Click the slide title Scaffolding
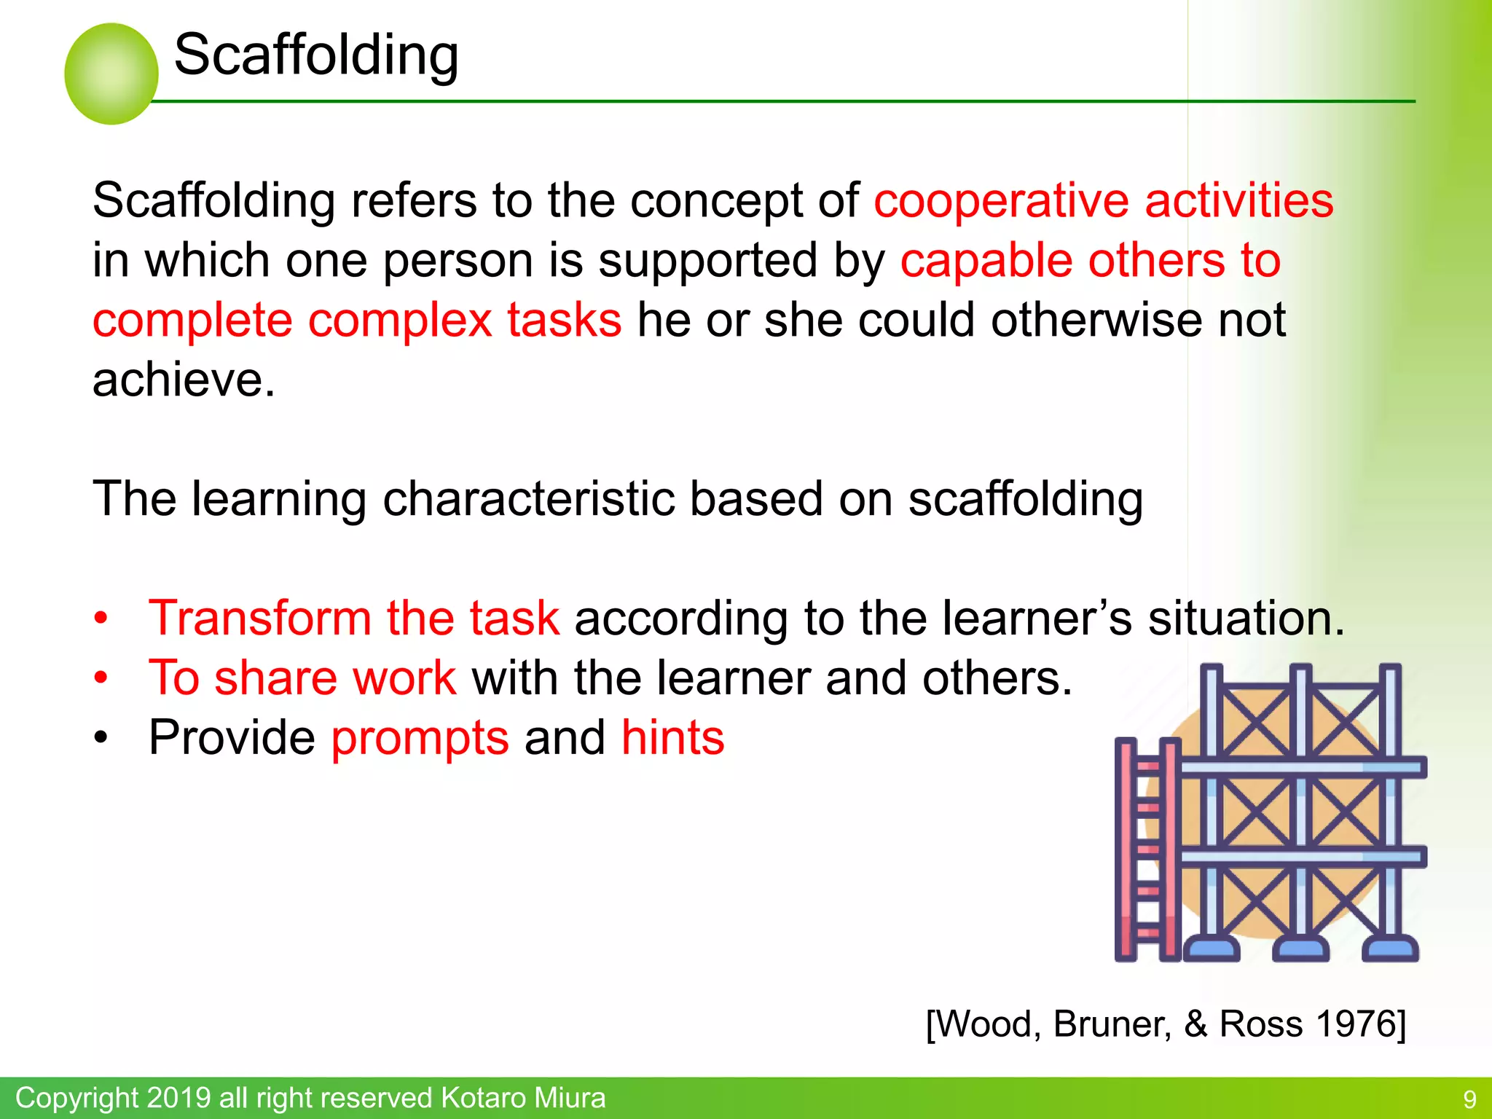tap(316, 55)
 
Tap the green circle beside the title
tap(111, 74)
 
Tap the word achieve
tap(184, 380)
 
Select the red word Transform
tap(259, 619)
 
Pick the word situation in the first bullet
tap(1246, 619)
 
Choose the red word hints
tap(672, 738)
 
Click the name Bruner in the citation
tap(1112, 1024)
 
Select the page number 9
tap(1469, 1099)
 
